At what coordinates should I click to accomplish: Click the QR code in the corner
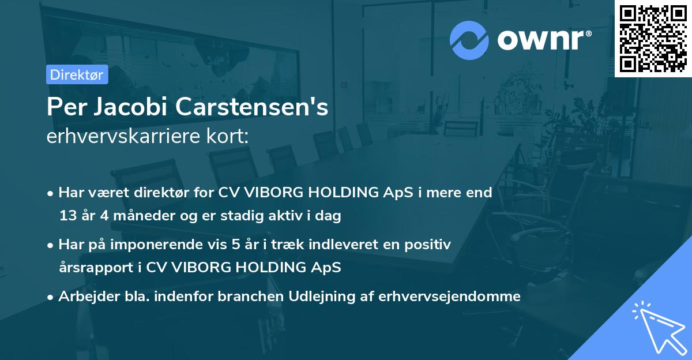click(x=653, y=39)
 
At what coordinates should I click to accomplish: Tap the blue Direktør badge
click(x=77, y=74)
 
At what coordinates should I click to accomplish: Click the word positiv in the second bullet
click(x=430, y=245)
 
